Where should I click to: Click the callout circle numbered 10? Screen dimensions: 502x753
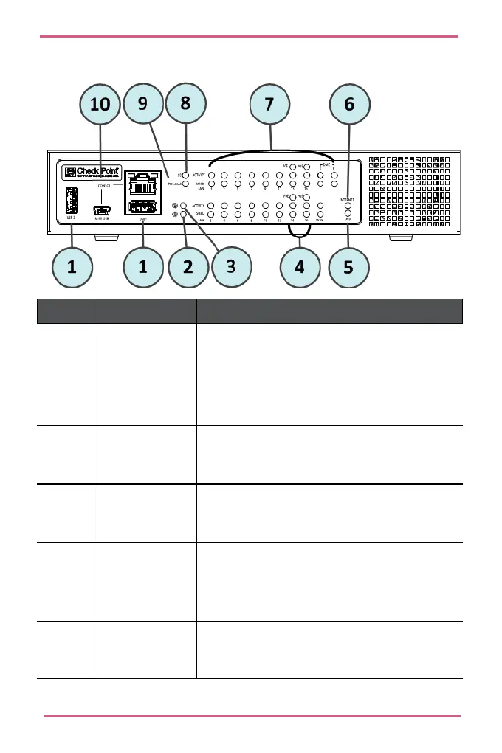pyautogui.click(x=101, y=105)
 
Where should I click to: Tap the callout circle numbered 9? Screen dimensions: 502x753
pyautogui.click(x=143, y=105)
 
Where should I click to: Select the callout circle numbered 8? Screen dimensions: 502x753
pyautogui.click(x=186, y=105)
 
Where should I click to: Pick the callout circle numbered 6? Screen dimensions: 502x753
pyautogui.click(x=349, y=105)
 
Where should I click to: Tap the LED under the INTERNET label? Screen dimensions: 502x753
pyautogui.click(x=348, y=208)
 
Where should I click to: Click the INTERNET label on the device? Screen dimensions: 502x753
pyautogui.click(x=348, y=200)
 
